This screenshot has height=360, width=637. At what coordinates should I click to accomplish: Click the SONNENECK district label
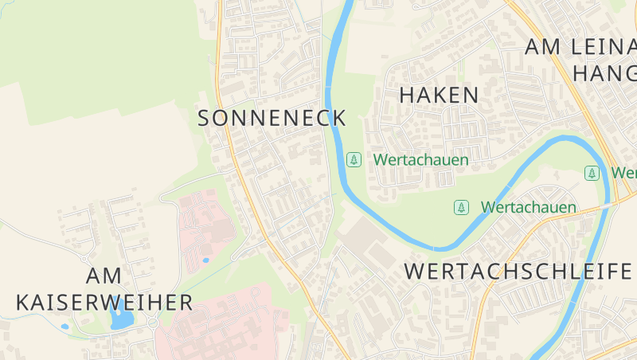(272, 118)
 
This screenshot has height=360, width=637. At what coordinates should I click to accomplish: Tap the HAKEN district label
(439, 95)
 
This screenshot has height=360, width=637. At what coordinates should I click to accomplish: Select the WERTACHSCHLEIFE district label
(518, 271)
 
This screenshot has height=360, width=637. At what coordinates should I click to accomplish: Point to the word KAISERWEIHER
(104, 303)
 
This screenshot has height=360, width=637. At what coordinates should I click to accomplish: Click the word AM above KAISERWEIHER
(104, 276)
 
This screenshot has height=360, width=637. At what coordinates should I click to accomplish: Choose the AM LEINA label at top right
(580, 47)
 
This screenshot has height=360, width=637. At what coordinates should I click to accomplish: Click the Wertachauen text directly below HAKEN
(421, 160)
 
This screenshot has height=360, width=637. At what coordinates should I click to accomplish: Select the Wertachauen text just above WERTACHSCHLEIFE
(528, 208)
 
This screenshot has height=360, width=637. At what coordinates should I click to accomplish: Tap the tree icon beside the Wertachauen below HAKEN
(354, 160)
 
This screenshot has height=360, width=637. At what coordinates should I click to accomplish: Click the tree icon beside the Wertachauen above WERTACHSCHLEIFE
(461, 208)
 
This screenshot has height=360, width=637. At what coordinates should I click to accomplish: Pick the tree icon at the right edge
(592, 173)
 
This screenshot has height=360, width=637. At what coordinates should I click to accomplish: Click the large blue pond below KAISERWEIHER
(121, 319)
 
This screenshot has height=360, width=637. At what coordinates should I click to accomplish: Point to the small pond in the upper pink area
(205, 260)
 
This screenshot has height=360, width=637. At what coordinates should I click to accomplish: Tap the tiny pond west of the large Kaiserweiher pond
(64, 327)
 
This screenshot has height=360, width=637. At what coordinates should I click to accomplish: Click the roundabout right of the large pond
(151, 323)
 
